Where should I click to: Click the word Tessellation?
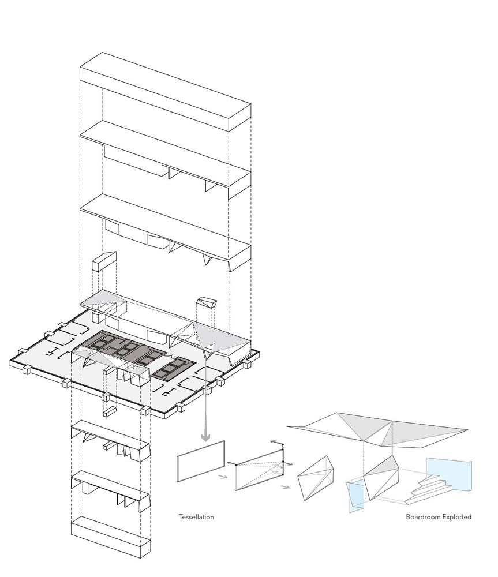coord(196,516)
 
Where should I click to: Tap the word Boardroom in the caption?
coord(423,516)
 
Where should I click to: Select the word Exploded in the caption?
coord(457,516)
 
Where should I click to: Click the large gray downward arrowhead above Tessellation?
coord(205,437)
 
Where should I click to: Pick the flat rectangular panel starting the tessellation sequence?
coord(201,460)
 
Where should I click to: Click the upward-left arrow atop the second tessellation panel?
coord(276,442)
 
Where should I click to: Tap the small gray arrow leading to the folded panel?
coord(284,487)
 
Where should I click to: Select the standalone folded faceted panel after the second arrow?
coord(317,478)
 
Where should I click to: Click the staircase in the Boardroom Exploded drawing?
coord(429,489)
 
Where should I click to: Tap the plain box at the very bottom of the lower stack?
coord(111,537)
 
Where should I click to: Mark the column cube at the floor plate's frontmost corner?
coord(145,410)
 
